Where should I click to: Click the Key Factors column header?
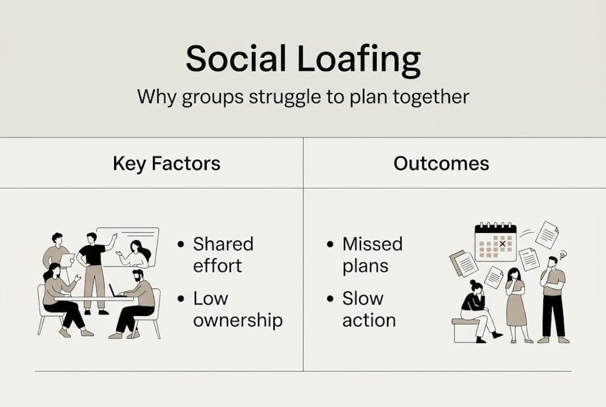167,164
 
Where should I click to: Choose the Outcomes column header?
441,164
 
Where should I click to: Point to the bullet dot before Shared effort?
181,245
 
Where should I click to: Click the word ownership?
238,320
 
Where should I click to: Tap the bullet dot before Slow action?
330,299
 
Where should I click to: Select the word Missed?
372,244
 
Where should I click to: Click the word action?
369,320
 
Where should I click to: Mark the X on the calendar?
502,244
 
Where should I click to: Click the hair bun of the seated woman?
473,283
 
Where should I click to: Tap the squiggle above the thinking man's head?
563,255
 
